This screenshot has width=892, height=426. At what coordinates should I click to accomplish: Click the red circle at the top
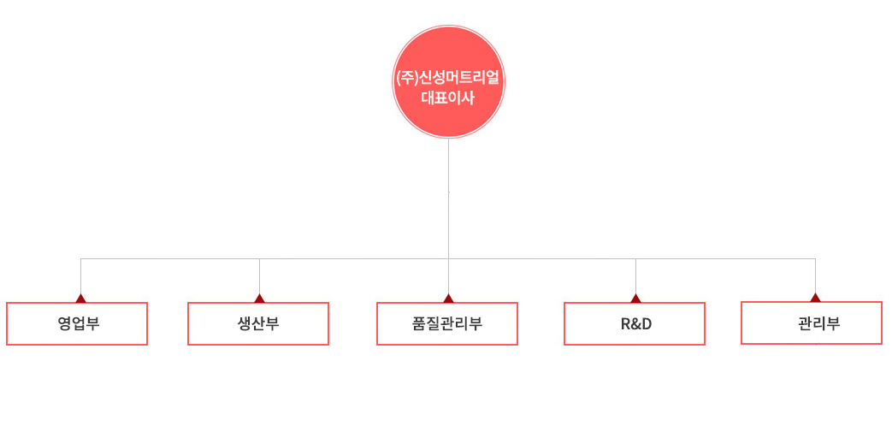448,81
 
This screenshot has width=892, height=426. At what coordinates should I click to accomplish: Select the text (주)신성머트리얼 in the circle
448,78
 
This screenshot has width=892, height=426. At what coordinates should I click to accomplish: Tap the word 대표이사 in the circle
448,98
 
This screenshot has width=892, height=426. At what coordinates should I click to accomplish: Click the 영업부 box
77,323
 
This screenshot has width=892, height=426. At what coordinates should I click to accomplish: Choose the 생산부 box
258,323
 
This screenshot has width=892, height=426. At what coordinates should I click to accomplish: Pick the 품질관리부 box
447,323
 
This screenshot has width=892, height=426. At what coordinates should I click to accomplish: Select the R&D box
635,323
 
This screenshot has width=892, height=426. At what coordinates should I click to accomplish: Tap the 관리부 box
812,323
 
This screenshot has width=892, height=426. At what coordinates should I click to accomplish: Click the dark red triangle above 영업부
80,298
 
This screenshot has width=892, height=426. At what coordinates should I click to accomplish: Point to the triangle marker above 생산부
259,298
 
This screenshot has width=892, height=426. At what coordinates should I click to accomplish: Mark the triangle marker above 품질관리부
448,298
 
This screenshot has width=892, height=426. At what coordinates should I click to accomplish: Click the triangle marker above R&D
636,298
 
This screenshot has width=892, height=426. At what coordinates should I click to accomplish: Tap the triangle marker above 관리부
815,297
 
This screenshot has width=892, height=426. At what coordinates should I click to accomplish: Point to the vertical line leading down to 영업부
80,276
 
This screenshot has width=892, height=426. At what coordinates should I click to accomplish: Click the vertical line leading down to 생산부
259,276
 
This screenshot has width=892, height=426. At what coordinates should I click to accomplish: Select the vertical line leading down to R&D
636,276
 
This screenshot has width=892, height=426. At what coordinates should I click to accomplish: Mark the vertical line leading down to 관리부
815,275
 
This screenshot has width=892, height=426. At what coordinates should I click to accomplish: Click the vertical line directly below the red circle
448,216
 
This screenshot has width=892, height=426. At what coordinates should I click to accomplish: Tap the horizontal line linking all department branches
448,259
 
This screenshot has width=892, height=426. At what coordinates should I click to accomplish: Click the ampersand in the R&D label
635,324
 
